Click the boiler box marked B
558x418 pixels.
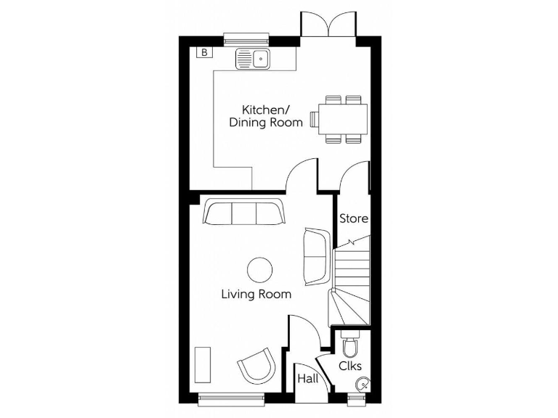(x=204, y=52)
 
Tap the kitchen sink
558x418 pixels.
(x=253, y=59)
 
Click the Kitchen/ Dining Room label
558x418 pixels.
(x=266, y=116)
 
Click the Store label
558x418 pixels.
(x=354, y=218)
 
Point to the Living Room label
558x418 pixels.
(x=256, y=294)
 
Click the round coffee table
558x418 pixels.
(x=260, y=270)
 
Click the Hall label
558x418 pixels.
(x=307, y=380)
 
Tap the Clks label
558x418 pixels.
(x=350, y=366)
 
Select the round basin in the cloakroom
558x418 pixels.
(x=360, y=385)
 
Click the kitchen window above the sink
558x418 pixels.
(x=246, y=38)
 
